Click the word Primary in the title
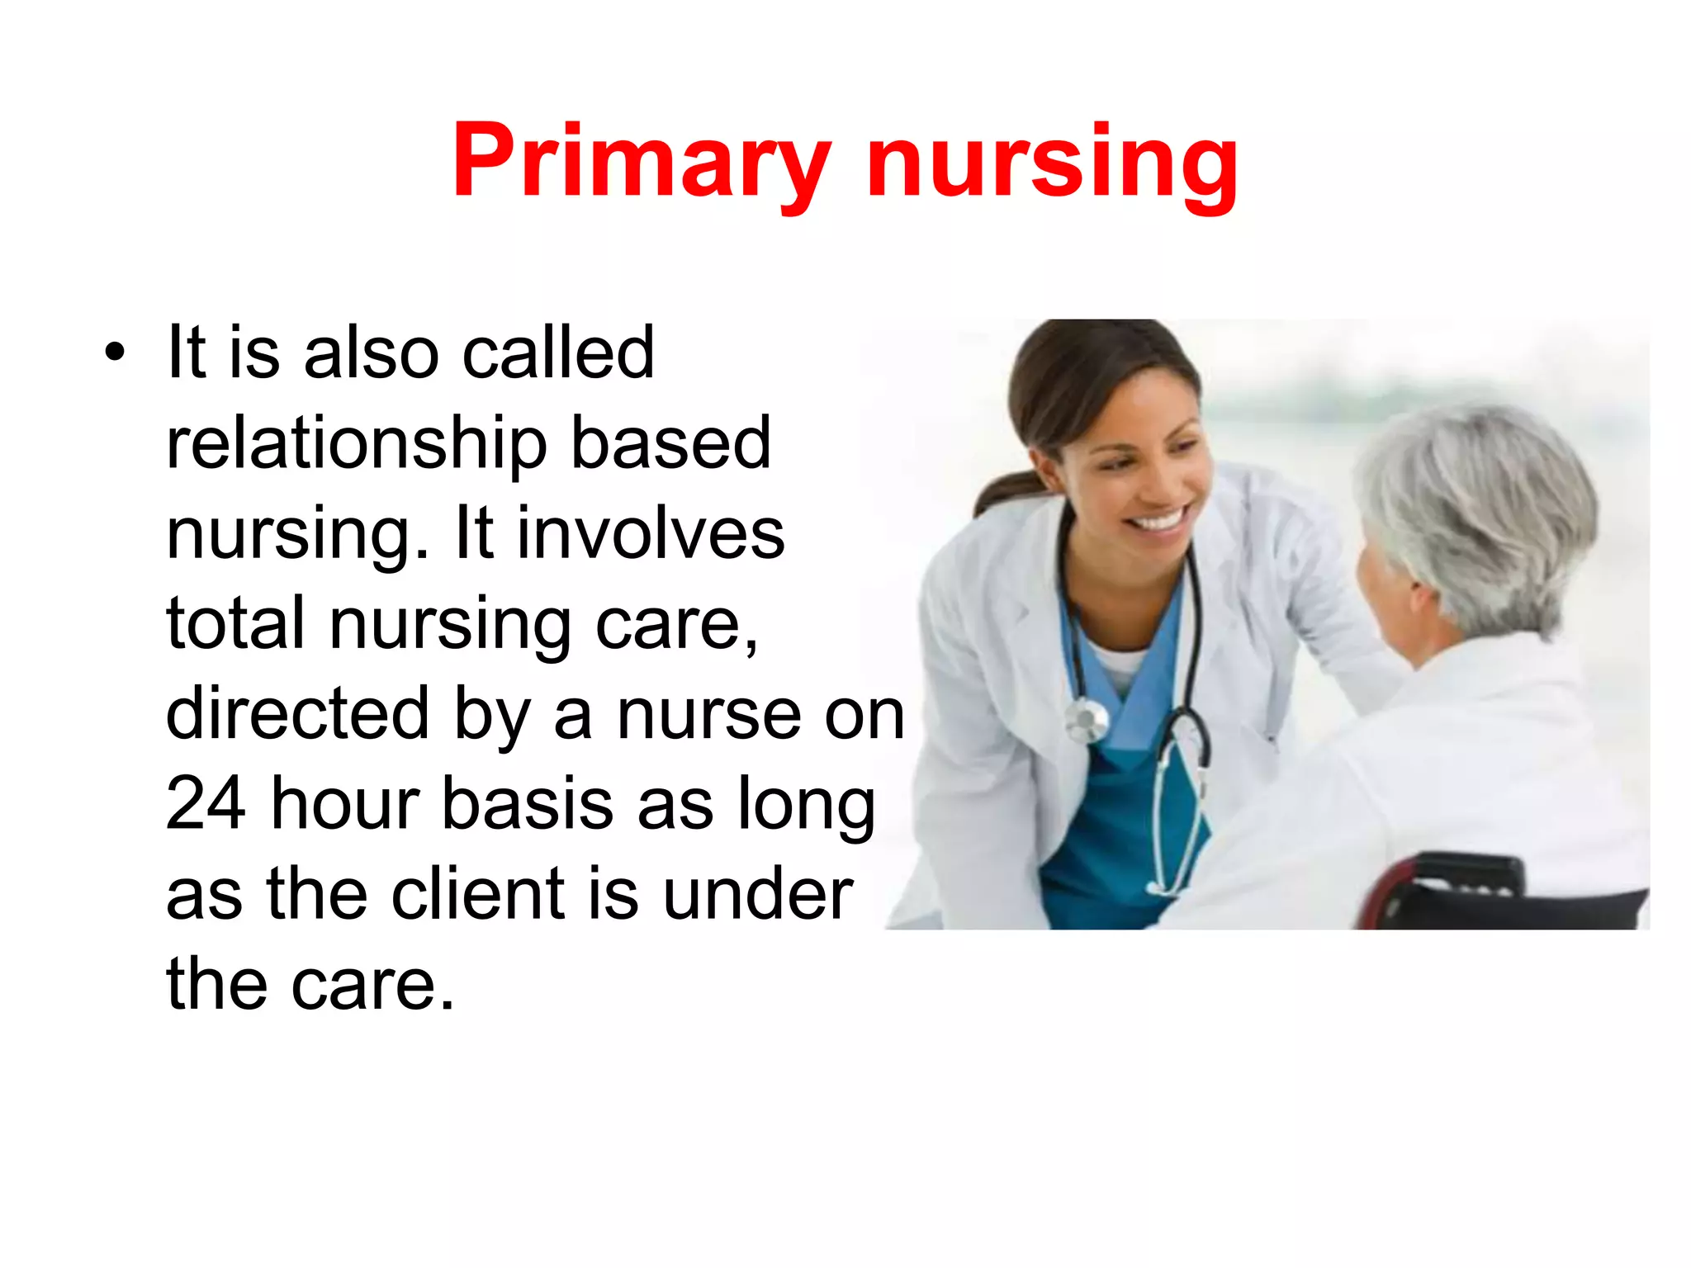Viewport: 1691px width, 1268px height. tap(640, 161)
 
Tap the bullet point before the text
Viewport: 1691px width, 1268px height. tap(115, 353)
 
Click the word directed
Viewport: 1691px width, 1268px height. tap(297, 714)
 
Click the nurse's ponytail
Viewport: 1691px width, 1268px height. tap(1003, 492)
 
